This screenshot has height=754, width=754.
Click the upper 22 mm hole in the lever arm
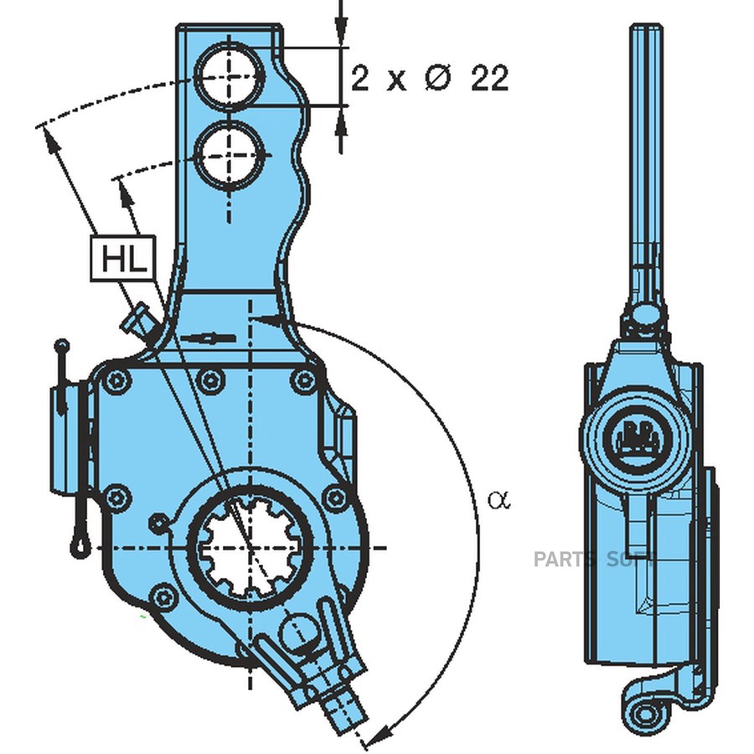pos(229,77)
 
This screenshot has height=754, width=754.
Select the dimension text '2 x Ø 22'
pos(430,79)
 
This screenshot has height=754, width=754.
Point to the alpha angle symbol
pos(498,500)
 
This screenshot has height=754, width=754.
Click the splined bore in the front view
pos(250,547)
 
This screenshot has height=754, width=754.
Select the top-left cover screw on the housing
pos(116,381)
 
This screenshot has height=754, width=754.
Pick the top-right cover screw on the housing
pos(303,381)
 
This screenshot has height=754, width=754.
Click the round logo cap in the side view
pos(637,435)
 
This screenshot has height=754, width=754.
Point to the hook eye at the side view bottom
pos(646,714)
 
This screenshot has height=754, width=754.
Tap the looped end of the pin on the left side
pos(79,546)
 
